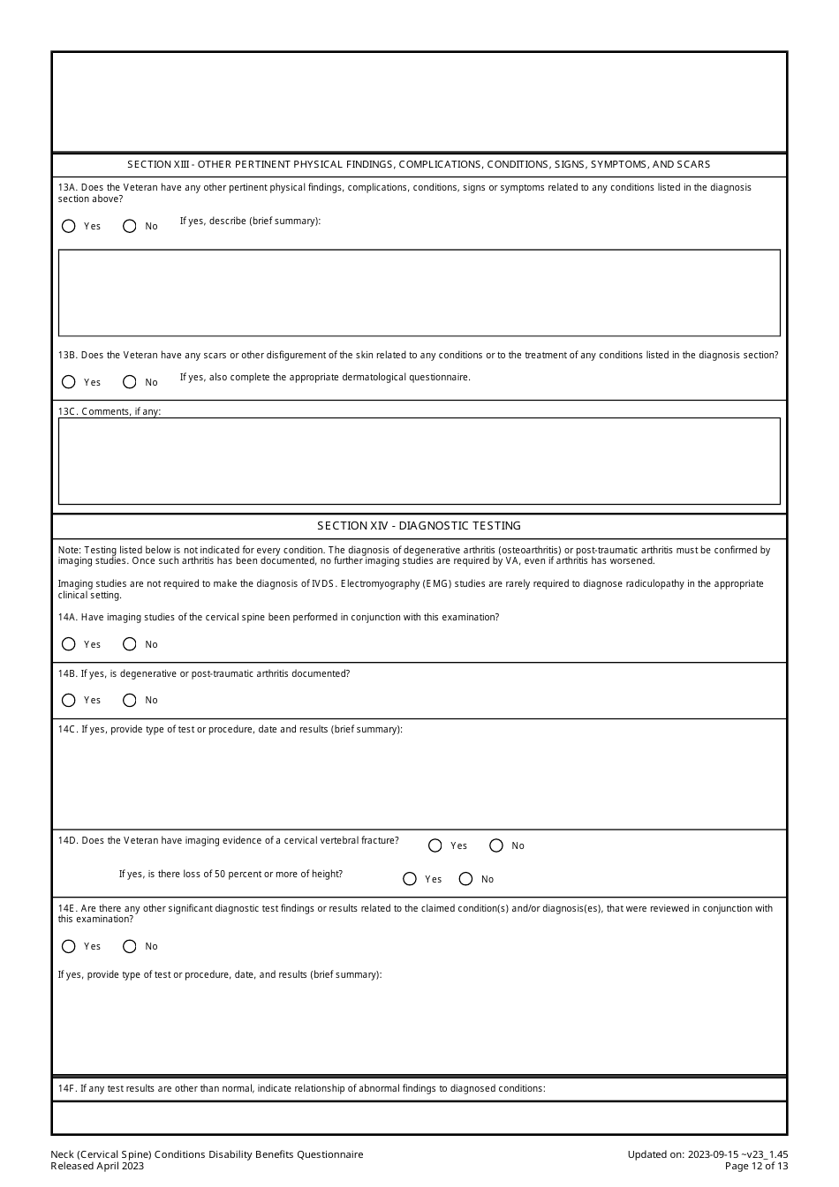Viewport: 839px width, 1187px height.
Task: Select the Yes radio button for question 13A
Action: click(69, 226)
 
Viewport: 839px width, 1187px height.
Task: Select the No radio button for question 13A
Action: click(130, 226)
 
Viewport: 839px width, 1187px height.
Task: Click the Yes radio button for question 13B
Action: click(69, 382)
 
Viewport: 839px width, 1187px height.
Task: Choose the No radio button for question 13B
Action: click(130, 382)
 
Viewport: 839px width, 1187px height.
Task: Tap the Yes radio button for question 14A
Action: click(69, 644)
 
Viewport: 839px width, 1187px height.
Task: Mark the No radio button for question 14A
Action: click(130, 644)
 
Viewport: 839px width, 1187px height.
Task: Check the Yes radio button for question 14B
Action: click(69, 700)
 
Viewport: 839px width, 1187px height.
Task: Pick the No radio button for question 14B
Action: click(130, 700)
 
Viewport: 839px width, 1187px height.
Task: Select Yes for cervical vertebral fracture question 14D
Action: click(435, 845)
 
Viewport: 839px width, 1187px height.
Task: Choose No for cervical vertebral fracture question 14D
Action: click(496, 845)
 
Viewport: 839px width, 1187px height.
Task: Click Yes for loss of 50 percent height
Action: click(409, 879)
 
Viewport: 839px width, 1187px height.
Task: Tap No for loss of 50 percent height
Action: click(466, 879)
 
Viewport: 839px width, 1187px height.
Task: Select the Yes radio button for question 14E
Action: click(69, 946)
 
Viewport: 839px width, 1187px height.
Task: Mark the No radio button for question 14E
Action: click(130, 946)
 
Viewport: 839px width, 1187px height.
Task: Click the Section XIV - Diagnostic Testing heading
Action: click(419, 526)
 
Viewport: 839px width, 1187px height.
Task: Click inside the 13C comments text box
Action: click(419, 461)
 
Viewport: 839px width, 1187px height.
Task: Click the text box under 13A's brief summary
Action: click(419, 293)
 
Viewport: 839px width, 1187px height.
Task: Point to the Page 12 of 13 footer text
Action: click(756, 1166)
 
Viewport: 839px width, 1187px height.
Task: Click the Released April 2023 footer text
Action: click(97, 1166)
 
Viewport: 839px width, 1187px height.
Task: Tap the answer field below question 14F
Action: click(419, 1117)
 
